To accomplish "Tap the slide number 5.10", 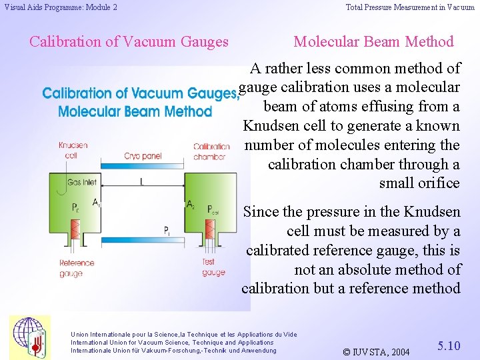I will [449, 346].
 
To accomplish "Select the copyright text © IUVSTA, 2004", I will [376, 351].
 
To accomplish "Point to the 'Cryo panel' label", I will [142, 156].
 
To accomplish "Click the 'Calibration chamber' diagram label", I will [211, 151].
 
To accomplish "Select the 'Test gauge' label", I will [213, 267].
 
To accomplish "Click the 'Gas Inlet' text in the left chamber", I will [81, 182].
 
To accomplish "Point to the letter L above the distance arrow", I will [141, 181].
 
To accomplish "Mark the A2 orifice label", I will [191, 203].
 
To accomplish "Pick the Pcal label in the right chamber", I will [213, 208].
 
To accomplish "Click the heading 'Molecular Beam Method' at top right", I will [373, 41].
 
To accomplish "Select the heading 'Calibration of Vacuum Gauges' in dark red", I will [129, 41].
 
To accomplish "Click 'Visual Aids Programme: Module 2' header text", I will [61, 7].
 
